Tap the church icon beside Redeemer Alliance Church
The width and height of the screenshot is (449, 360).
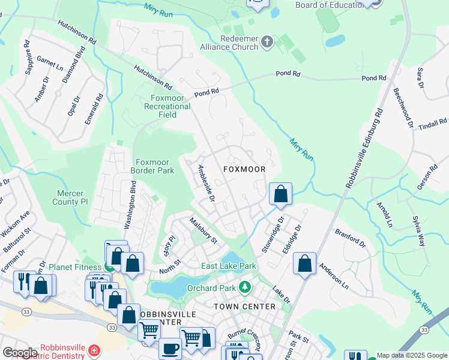click(x=268, y=43)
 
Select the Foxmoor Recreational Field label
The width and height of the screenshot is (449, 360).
click(x=167, y=106)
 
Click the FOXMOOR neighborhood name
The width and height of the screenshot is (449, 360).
click(x=244, y=169)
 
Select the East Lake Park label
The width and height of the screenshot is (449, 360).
click(x=229, y=266)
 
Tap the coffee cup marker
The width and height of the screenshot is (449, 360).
click(x=170, y=349)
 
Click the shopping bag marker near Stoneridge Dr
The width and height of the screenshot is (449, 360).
click(x=280, y=194)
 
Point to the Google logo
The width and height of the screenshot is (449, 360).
click(x=20, y=353)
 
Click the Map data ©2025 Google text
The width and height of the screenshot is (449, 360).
click(x=411, y=355)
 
